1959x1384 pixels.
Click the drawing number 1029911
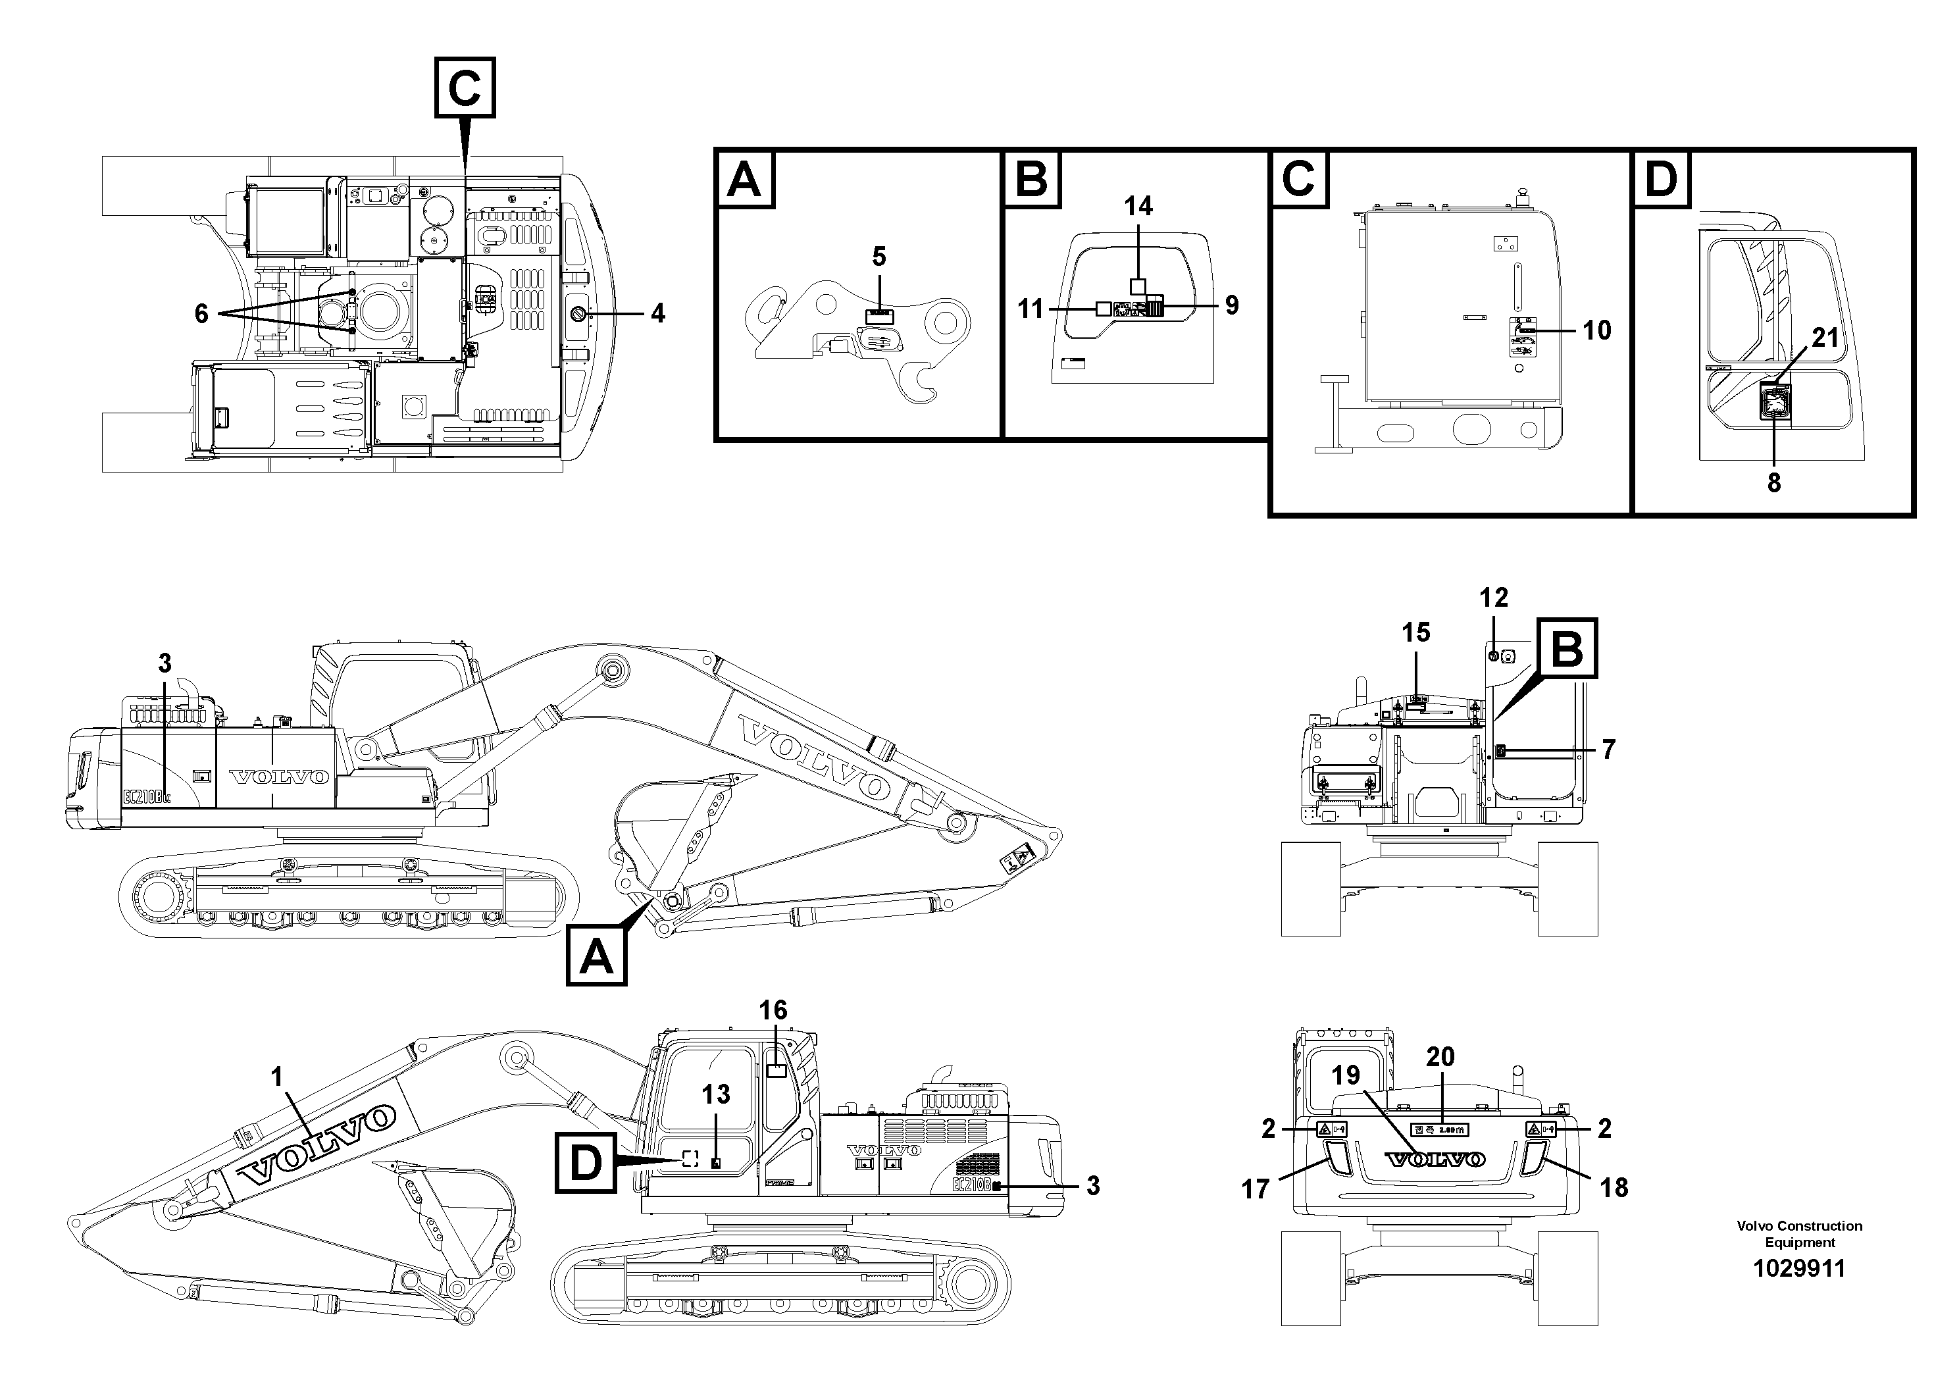[x=1798, y=1269]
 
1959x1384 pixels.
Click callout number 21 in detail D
[x=1825, y=338]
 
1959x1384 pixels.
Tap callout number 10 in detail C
[x=1596, y=330]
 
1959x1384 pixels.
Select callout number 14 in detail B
[x=1138, y=207]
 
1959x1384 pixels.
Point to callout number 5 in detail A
[x=879, y=257]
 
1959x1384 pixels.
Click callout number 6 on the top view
[x=201, y=314]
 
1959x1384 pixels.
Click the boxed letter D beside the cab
[x=585, y=1162]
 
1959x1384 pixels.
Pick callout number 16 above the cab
[x=773, y=1010]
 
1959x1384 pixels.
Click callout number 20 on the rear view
[x=1440, y=1057]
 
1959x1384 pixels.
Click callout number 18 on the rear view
[x=1614, y=1187]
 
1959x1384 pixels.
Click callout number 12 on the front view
[x=1494, y=598]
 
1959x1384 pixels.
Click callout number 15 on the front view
[x=1415, y=632]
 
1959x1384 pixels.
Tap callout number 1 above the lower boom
[x=276, y=1078]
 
